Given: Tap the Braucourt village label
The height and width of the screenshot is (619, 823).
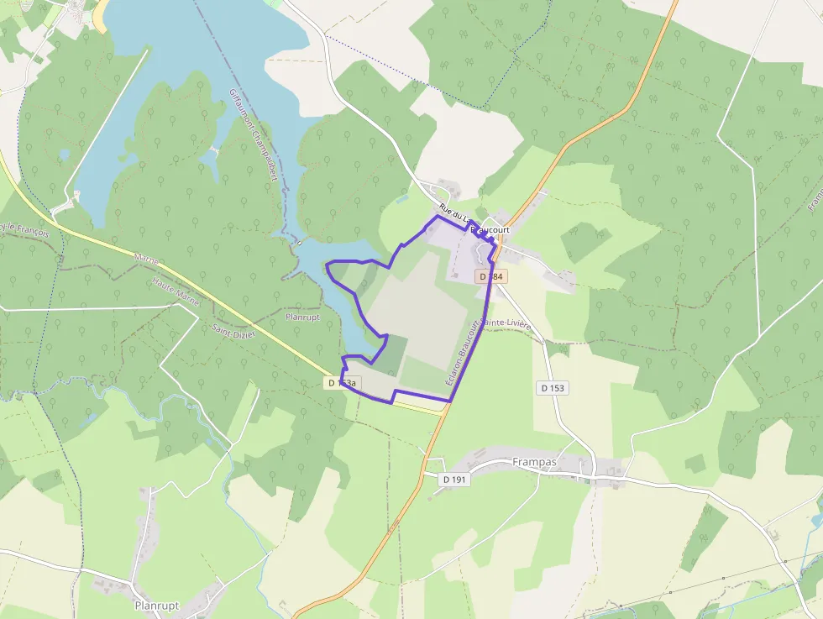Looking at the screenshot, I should coord(490,228).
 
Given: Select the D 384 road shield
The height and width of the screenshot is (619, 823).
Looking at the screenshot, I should coord(492,276).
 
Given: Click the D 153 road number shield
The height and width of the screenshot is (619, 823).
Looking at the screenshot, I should coord(553,388).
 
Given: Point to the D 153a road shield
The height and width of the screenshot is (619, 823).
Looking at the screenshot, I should coord(343,383).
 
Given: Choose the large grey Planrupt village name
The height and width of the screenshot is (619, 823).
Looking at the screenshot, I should coord(158,605).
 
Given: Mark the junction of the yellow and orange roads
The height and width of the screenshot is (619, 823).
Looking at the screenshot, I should coord(448,407).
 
